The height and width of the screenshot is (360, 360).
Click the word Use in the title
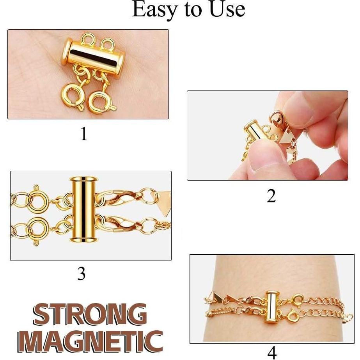225,10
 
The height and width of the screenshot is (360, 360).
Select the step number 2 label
271,196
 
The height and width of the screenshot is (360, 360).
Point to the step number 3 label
81,274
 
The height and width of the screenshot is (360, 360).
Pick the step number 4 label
272,352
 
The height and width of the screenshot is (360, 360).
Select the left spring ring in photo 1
73,93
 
